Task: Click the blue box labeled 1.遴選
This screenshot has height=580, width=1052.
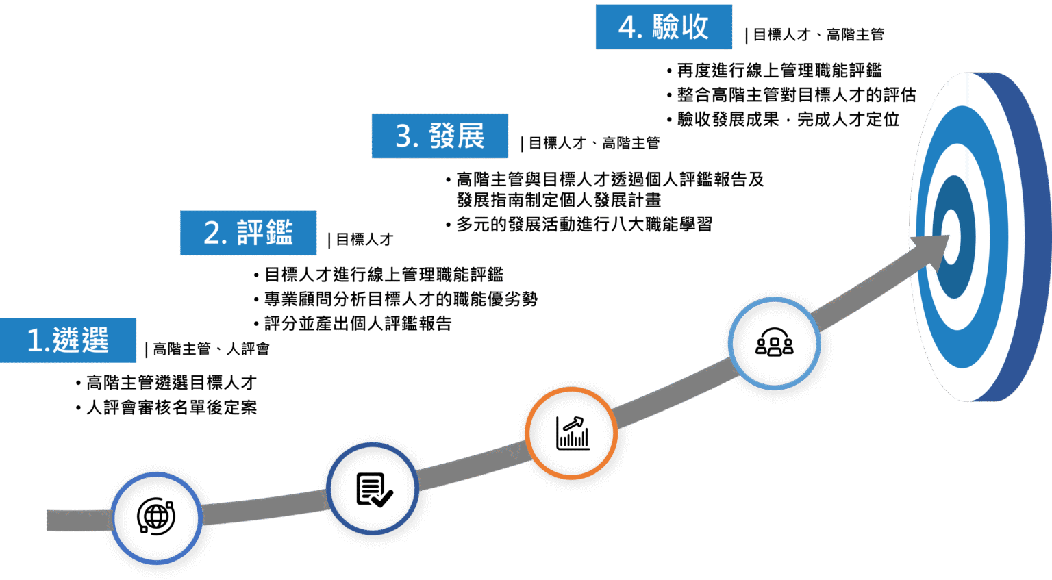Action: (x=68, y=340)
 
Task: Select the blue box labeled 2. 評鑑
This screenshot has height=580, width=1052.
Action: (x=249, y=233)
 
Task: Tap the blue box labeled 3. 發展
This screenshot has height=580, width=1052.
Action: (x=440, y=136)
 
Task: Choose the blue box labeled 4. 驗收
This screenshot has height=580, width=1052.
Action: (x=664, y=27)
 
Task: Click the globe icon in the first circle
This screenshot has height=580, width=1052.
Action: (x=156, y=516)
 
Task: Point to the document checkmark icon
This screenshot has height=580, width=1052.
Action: (x=375, y=490)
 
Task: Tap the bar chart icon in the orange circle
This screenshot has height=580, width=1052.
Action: (x=573, y=433)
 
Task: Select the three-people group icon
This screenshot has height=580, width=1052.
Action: (x=775, y=342)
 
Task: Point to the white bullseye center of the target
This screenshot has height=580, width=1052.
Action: (x=951, y=237)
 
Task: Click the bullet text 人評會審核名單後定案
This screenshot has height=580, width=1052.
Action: (x=172, y=407)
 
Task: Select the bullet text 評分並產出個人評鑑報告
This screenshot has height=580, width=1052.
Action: (x=358, y=324)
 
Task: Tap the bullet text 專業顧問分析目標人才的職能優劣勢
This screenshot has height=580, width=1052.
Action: (x=401, y=299)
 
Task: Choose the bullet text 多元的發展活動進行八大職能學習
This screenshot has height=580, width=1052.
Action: (x=584, y=225)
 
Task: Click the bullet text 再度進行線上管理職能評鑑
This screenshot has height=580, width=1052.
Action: (x=779, y=71)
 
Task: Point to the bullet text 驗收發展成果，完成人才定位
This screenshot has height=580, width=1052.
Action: (x=788, y=119)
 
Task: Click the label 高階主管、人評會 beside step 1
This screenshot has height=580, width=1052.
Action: (x=212, y=349)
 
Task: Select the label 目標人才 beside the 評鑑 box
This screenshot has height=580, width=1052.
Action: (x=364, y=240)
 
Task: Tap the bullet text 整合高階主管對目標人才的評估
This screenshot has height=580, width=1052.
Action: (x=797, y=95)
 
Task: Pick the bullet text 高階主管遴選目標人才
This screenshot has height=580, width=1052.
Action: (x=172, y=383)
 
